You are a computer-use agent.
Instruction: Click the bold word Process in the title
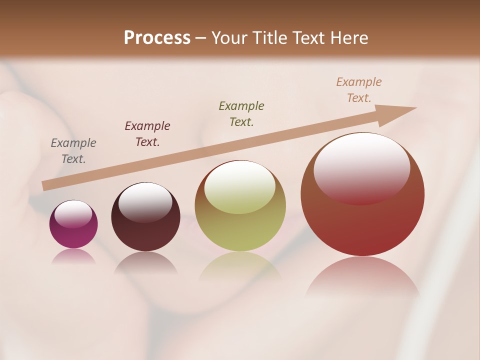(x=157, y=38)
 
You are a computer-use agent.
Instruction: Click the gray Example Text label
(x=73, y=151)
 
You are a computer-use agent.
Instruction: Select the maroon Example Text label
(x=147, y=134)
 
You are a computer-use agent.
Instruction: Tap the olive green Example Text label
(x=241, y=113)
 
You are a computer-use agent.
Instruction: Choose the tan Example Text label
(x=359, y=90)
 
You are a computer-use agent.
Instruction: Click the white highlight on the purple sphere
(x=73, y=214)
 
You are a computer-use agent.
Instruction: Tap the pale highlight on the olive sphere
(x=239, y=186)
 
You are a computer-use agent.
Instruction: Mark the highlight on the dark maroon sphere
(x=145, y=202)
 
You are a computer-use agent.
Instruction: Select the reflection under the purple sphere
(x=73, y=256)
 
